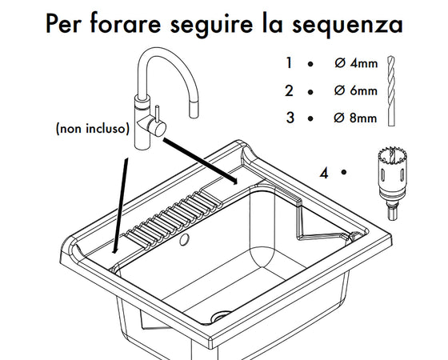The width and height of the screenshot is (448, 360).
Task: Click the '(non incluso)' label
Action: [x=93, y=129]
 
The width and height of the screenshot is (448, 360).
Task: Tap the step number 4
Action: [x=324, y=171]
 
